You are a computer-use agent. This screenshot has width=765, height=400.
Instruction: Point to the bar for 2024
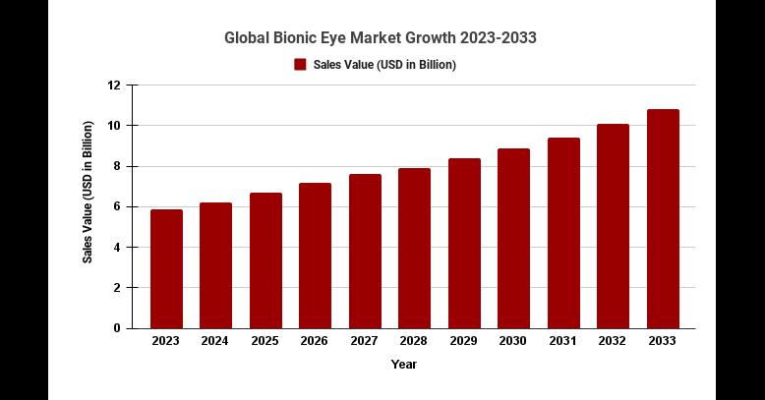215,265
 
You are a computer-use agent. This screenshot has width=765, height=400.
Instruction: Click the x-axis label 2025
265,341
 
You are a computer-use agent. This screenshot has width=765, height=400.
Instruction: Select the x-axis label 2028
414,341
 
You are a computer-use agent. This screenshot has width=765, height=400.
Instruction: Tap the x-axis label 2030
513,341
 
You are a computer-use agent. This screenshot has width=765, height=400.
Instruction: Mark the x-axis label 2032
613,341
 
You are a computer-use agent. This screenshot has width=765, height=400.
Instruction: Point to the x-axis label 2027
365,341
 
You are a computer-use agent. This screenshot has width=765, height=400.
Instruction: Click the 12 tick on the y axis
114,86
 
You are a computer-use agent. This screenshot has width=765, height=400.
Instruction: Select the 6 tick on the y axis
117,206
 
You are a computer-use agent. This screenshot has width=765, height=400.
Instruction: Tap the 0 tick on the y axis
117,327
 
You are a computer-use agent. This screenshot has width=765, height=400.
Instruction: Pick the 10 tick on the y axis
114,126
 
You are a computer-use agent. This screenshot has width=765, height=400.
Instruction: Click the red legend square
300,65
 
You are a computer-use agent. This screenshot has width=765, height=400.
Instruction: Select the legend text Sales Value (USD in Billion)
384,65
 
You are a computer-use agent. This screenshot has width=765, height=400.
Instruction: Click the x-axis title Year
403,365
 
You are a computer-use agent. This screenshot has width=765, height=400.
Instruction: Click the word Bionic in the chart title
301,38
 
